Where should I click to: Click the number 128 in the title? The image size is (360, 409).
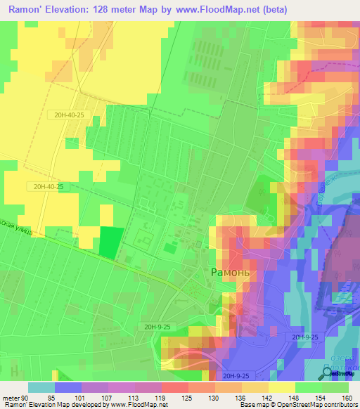point(116,9)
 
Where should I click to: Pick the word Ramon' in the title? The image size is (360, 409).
point(27,9)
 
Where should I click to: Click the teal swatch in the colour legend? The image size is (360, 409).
point(41,387)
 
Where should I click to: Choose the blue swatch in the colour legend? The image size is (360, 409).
point(68,387)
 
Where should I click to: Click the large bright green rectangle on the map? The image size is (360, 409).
point(109,241)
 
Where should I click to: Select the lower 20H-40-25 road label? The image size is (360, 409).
point(47,186)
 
